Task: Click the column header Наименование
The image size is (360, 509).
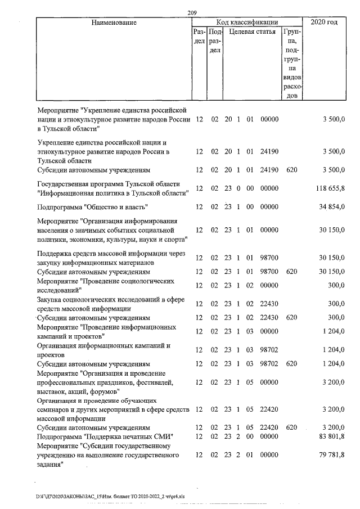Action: click(x=111, y=22)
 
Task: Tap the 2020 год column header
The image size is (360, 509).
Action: click(x=324, y=22)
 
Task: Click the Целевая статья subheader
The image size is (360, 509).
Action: click(x=251, y=33)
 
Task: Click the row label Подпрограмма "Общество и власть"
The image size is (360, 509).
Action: click(x=92, y=207)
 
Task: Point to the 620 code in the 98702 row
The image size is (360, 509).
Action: click(x=291, y=364)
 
